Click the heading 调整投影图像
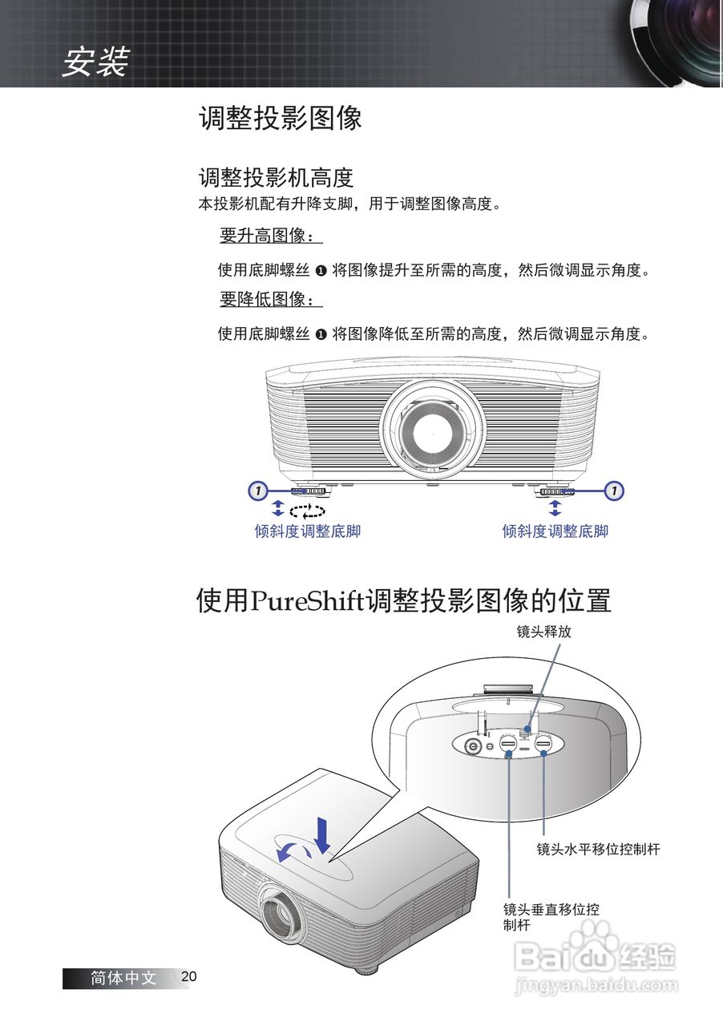click(280, 119)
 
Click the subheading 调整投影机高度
click(276, 176)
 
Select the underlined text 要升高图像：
click(270, 236)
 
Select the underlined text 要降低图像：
click(270, 300)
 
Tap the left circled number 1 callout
click(256, 490)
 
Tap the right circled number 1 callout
click(614, 490)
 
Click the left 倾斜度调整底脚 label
click(308, 531)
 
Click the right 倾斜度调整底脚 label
click(555, 531)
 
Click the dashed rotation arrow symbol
click(308, 511)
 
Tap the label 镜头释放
click(543, 632)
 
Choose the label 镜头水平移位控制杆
click(598, 849)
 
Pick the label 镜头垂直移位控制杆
click(551, 917)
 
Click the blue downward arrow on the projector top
click(323, 835)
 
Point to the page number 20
click(189, 976)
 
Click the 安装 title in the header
click(95, 63)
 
